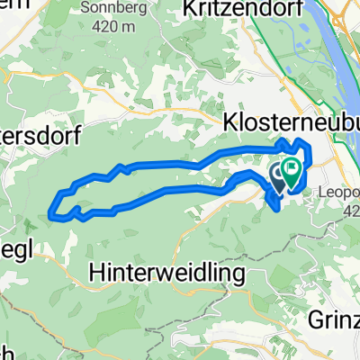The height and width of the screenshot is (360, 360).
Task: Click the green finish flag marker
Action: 292,168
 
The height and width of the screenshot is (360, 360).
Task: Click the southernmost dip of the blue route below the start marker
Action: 274,209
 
